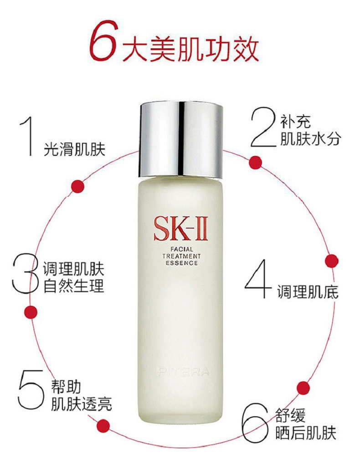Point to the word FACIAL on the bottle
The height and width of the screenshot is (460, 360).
coord(180,250)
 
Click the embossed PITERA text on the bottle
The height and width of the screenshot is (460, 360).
coord(184,373)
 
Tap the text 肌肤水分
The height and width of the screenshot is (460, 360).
coord(309,139)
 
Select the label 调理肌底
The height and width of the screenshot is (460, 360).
coord(308,292)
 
